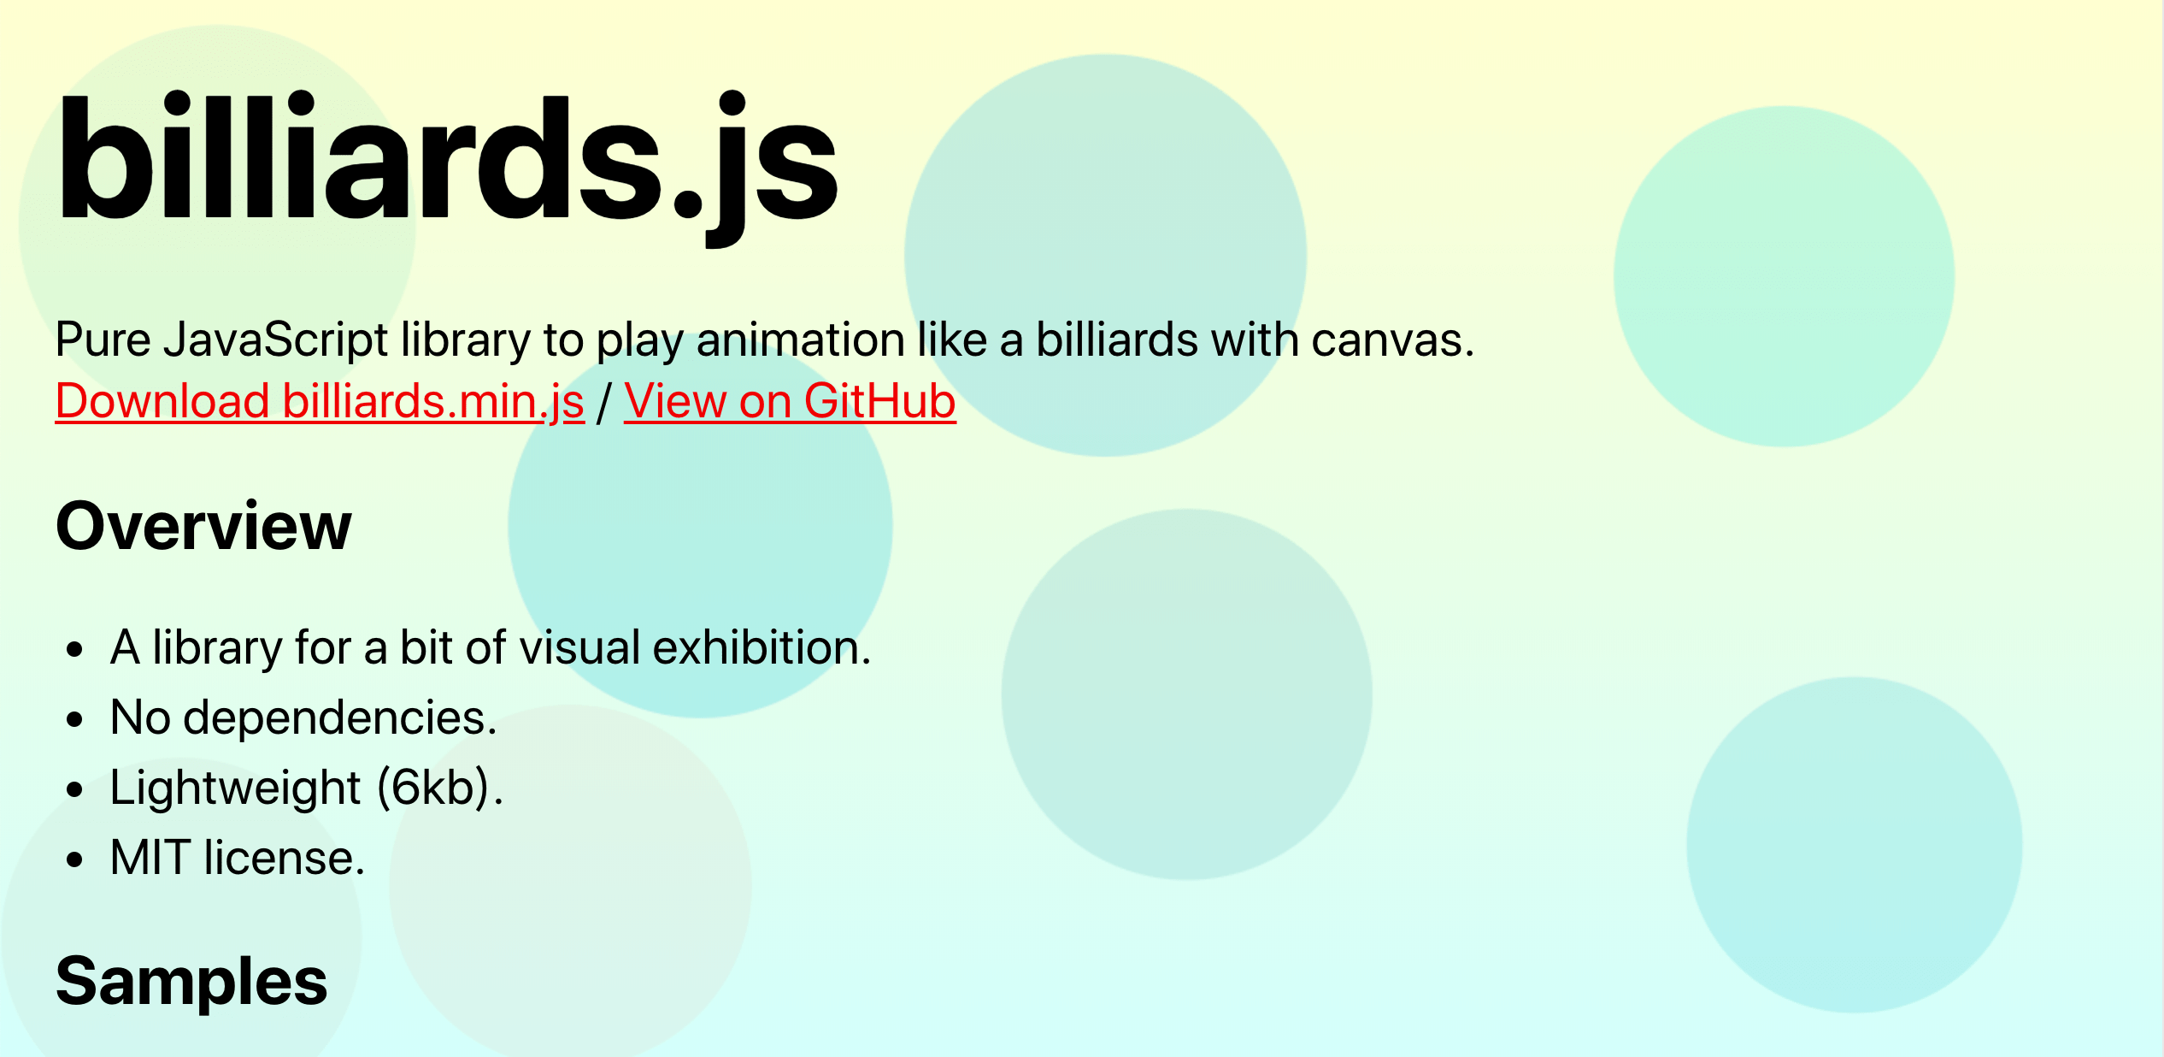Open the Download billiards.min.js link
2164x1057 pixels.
320,402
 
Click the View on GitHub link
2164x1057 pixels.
790,401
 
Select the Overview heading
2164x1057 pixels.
203,526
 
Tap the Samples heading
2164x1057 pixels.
191,982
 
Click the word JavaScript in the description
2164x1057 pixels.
275,340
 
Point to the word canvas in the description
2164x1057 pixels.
1393,340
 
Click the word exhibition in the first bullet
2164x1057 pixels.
762,647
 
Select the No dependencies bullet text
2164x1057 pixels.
303,717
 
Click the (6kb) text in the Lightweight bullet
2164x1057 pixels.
440,788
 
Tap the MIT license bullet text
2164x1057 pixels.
238,858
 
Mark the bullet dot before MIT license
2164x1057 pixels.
75,860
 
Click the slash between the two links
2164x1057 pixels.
604,402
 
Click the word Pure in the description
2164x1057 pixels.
103,340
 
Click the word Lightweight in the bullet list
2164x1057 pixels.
236,788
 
